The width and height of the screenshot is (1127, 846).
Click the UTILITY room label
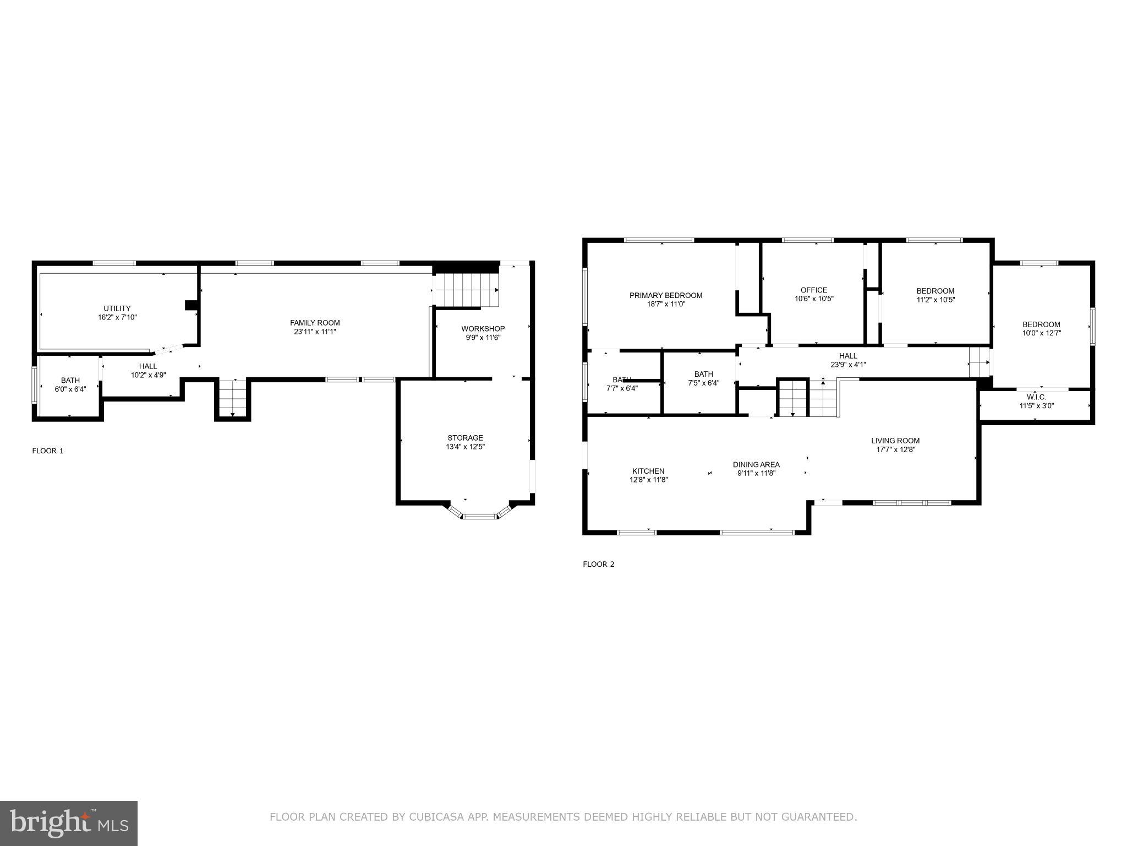point(117,308)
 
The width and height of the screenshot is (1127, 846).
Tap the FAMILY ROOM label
point(315,323)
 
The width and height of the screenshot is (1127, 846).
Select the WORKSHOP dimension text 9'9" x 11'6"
point(483,338)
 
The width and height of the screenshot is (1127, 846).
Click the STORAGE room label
point(465,438)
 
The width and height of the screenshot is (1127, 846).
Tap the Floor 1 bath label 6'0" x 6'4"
point(70,389)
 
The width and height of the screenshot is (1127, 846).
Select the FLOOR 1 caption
point(48,451)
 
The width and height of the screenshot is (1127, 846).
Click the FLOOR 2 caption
point(598,564)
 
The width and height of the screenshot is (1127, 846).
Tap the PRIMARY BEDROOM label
point(666,295)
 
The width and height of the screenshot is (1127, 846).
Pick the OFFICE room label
point(813,290)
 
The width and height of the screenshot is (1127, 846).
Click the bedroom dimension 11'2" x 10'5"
point(935,300)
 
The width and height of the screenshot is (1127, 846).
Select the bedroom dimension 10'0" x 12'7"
point(1041,333)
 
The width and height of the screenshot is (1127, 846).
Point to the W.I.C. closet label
point(1036,397)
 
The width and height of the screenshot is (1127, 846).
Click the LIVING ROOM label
point(895,441)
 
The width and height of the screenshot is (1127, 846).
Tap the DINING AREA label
point(756,464)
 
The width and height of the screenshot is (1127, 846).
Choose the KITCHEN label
point(648,471)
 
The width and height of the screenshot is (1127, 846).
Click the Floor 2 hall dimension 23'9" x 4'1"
point(848,365)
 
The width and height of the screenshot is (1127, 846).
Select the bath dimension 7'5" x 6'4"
point(703,383)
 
